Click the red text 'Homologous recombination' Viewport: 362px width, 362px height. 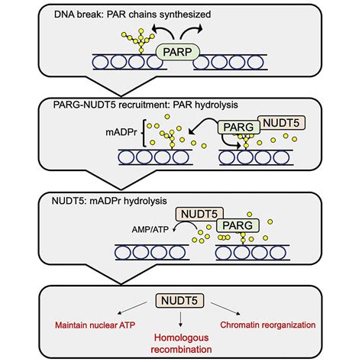pos(180,339)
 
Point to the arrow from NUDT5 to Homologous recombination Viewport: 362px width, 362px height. pos(180,318)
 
